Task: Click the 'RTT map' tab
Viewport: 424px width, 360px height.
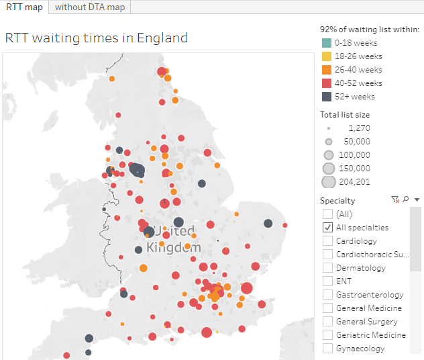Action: coord(25,7)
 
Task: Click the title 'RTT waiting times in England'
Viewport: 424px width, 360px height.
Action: coord(96,38)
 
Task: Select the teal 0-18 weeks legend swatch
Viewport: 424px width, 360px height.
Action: coord(327,43)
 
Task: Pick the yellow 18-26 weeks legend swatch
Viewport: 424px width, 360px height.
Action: coord(327,56)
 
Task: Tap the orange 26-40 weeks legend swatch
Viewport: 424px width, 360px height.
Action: coord(327,70)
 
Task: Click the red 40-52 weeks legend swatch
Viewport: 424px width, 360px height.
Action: coord(327,83)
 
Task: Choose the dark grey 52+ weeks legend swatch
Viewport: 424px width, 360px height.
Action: coord(327,97)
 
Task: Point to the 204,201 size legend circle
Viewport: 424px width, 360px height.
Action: coord(328,181)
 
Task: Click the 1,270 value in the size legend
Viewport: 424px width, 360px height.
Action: coord(359,128)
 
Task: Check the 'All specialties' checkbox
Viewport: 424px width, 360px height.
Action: coord(327,228)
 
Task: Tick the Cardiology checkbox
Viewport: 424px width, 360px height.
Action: coord(327,241)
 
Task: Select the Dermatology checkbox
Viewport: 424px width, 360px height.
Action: coord(327,268)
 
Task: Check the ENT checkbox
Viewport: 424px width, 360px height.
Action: coord(327,281)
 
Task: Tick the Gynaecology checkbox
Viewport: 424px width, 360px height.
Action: coord(327,349)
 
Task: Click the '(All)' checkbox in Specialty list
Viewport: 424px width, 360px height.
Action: coord(327,214)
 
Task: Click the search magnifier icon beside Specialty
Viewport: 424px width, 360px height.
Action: coord(406,199)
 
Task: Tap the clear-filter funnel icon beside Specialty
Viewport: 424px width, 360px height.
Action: coord(395,199)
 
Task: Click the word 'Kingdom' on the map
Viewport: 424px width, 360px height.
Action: coord(173,247)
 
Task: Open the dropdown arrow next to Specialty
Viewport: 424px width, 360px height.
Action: coord(417,199)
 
